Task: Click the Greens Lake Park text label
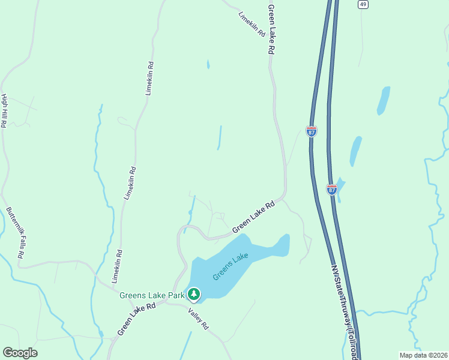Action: (x=152, y=295)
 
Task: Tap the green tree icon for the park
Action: (x=193, y=294)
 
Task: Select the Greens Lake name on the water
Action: (x=231, y=267)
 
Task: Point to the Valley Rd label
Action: (x=197, y=318)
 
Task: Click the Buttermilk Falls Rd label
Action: (x=16, y=233)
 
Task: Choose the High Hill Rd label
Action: (x=4, y=111)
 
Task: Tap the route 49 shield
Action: (x=363, y=4)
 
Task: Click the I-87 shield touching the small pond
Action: (x=332, y=190)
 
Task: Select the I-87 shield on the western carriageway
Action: (x=311, y=131)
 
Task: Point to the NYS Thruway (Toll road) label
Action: (x=344, y=312)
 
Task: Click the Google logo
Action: (x=20, y=353)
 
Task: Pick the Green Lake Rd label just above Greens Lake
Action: (x=253, y=217)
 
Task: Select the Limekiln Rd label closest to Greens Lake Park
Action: (x=117, y=266)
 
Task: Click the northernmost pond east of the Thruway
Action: (x=383, y=100)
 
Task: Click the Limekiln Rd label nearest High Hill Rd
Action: (x=150, y=79)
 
